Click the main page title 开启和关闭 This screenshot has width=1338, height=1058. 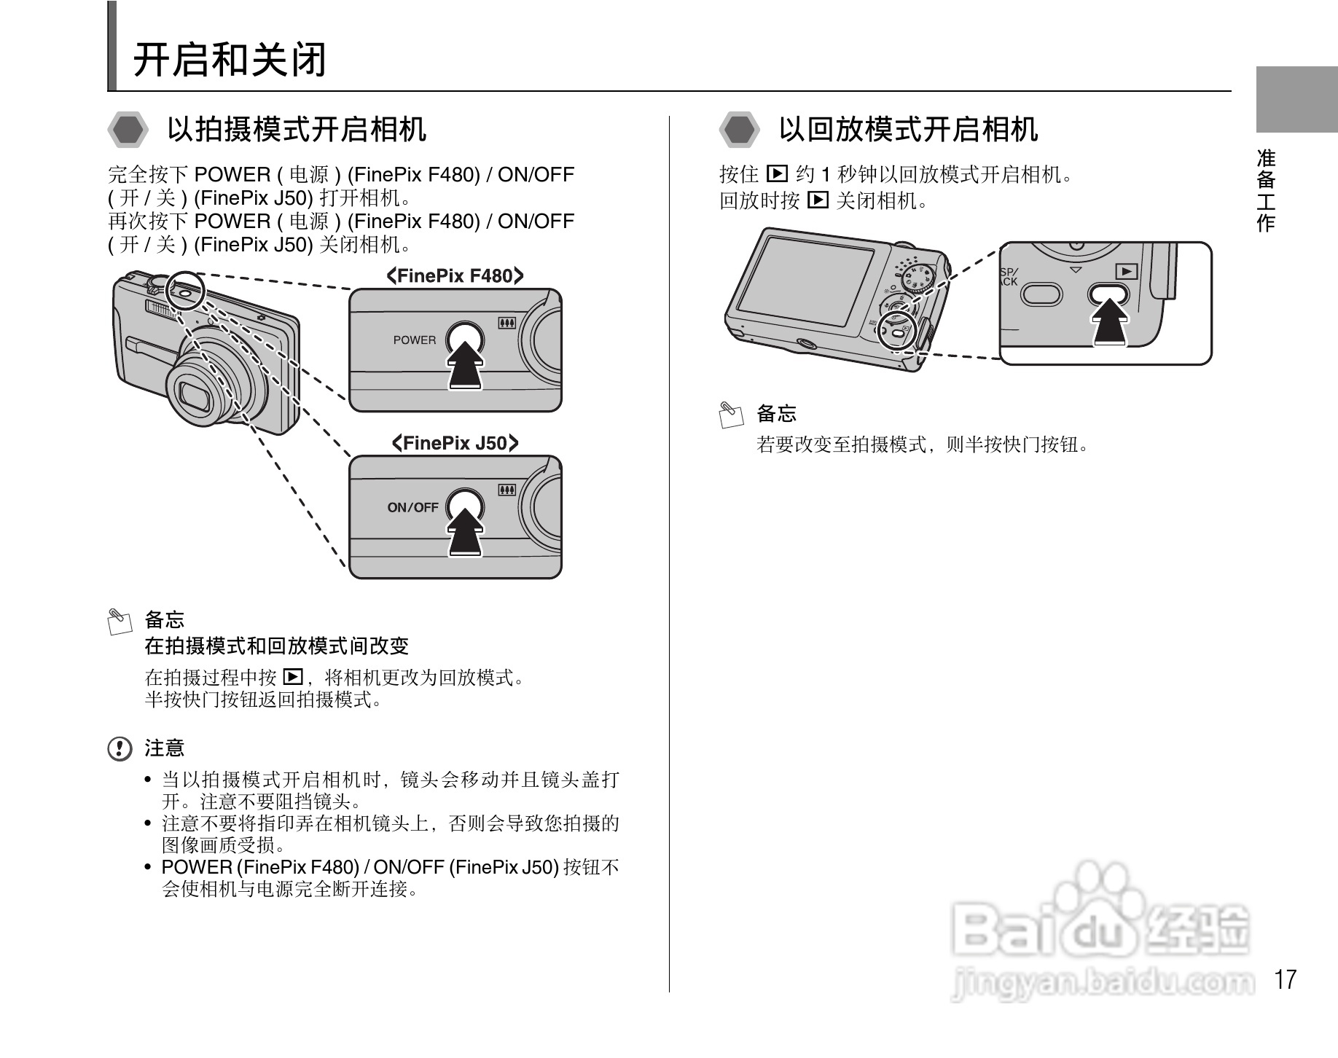[230, 60]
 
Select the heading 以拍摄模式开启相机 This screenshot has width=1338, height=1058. [297, 130]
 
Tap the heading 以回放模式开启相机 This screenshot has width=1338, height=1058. [908, 130]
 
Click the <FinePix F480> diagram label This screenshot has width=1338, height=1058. [455, 275]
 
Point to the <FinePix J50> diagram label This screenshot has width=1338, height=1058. [455, 443]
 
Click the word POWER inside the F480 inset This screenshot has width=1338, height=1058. [414, 340]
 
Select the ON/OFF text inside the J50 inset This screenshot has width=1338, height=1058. [412, 507]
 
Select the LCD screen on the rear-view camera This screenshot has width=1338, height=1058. [805, 281]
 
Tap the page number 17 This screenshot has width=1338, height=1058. [1286, 979]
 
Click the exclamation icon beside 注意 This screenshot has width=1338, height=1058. [120, 748]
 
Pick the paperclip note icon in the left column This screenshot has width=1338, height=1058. [120, 621]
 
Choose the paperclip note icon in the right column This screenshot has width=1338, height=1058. [731, 415]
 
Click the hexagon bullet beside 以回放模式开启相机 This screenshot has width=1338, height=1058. [740, 130]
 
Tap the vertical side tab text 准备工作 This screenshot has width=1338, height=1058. [1266, 191]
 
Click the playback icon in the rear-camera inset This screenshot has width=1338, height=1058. [1127, 271]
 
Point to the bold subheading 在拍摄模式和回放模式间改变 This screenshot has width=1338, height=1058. [276, 646]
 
